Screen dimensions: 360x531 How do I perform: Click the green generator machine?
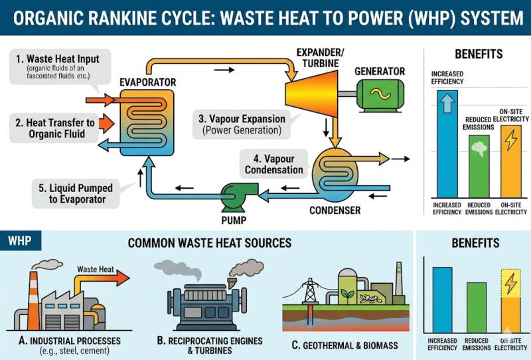[380, 94]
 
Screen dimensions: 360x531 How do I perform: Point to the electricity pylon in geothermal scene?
[309, 292]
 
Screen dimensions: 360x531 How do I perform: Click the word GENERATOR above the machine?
[379, 71]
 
